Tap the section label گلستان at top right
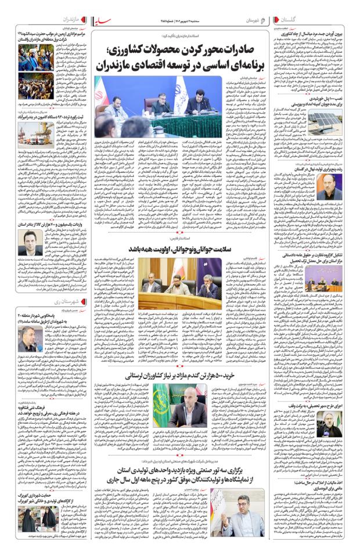point(339,19)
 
